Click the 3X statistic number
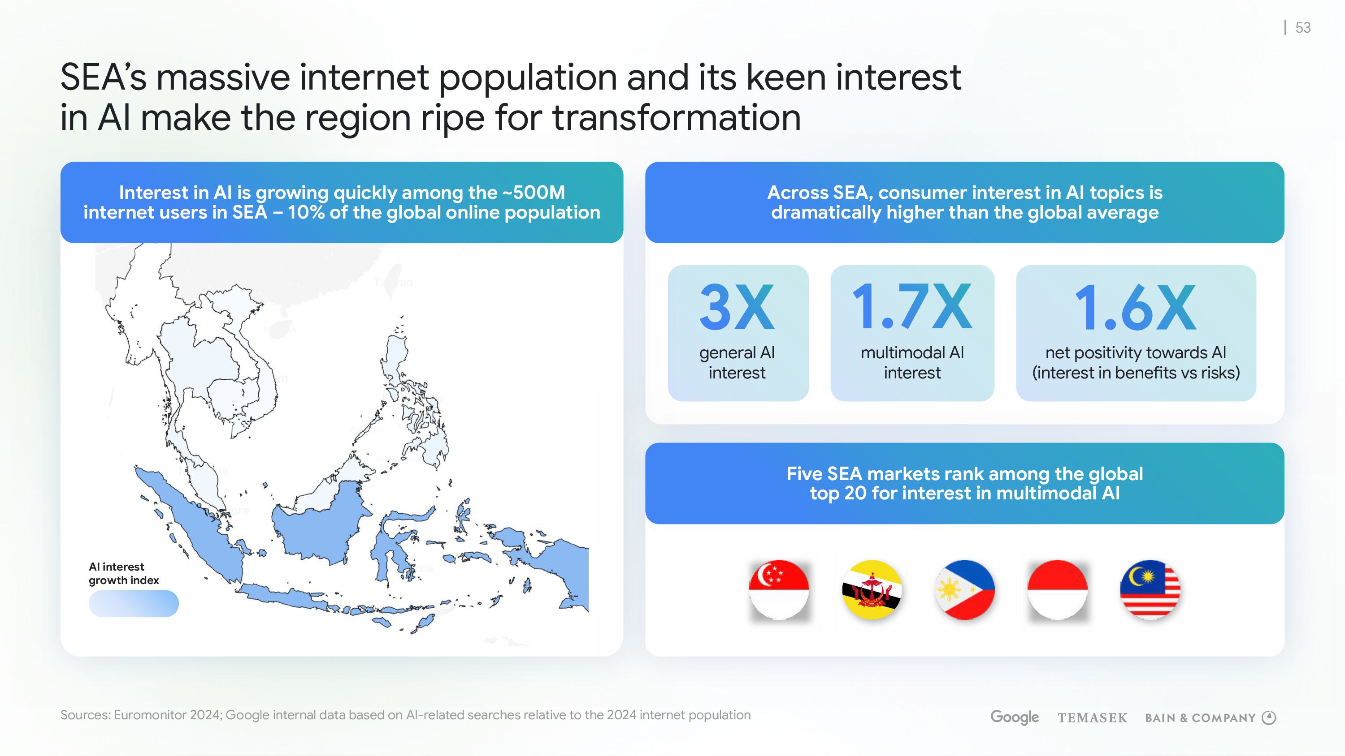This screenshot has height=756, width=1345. (x=737, y=307)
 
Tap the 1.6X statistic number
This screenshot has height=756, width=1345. (x=1136, y=308)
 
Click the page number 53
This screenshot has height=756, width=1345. (x=1303, y=28)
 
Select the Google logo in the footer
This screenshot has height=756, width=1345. (x=1015, y=717)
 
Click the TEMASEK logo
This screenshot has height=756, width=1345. (x=1092, y=718)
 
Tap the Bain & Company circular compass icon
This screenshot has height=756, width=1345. (x=1269, y=718)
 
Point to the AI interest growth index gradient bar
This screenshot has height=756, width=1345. (x=134, y=604)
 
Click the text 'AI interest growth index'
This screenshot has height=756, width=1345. (x=124, y=573)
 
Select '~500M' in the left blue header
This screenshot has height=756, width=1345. (x=534, y=193)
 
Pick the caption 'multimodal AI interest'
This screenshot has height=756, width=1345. (x=912, y=363)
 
